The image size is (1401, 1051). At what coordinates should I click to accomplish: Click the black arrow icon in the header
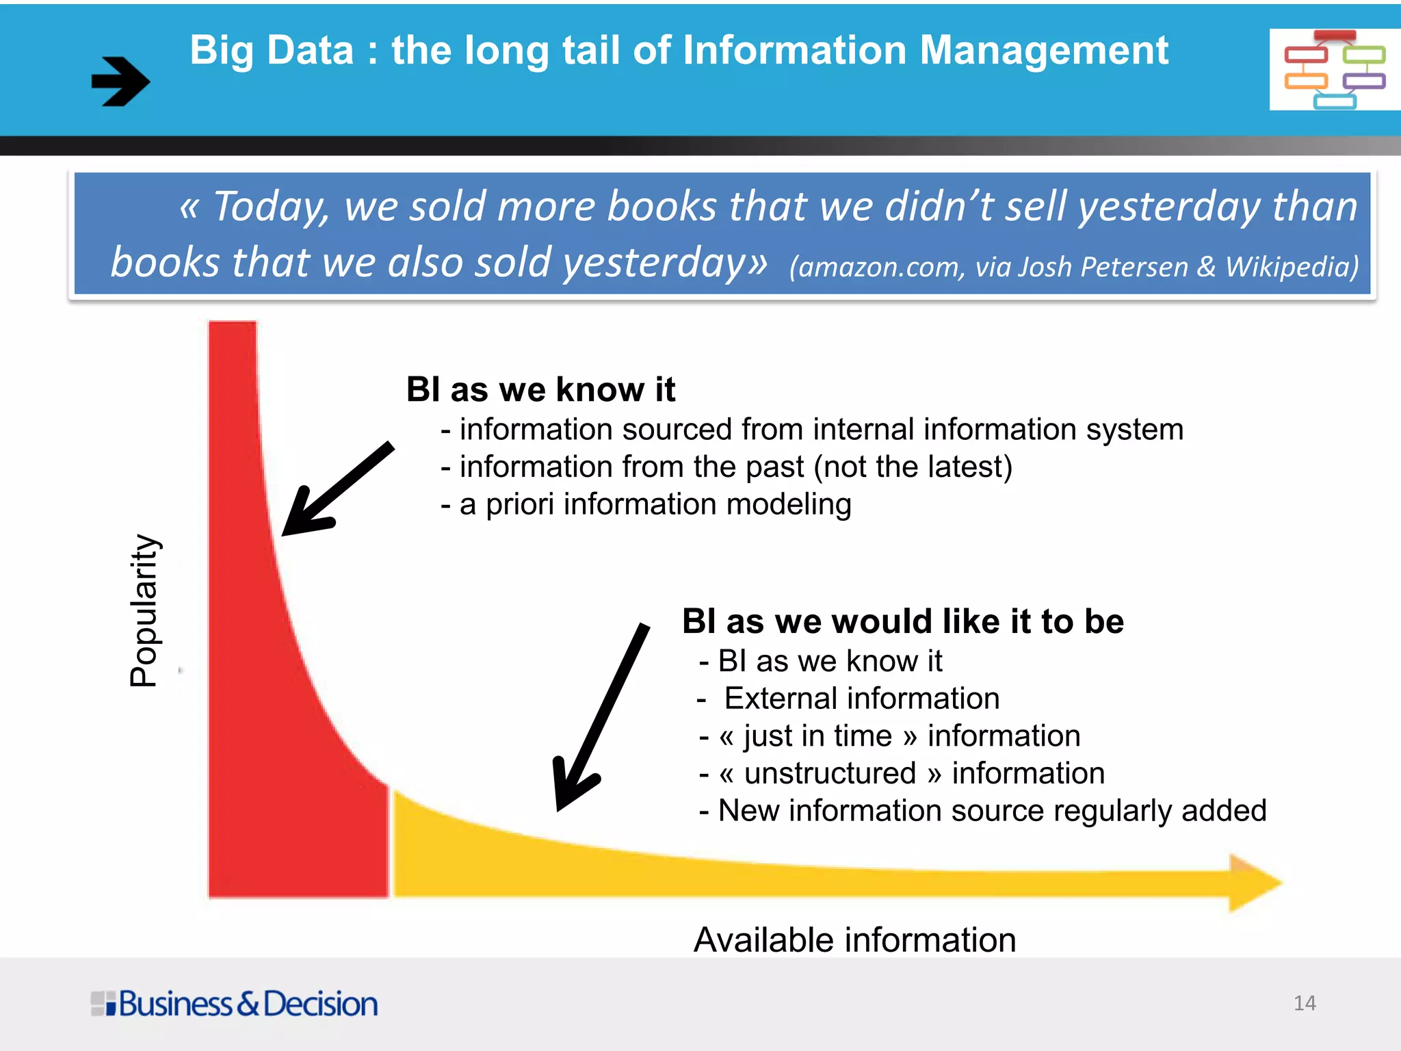pos(120,81)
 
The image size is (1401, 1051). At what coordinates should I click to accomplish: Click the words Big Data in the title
pos(272,51)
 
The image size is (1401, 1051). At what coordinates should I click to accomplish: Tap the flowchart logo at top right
pos(1334,69)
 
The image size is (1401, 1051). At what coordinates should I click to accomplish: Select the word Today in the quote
pos(270,207)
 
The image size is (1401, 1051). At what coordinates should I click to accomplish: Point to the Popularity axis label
pos(144,610)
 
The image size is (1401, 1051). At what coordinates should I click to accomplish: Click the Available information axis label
pos(854,939)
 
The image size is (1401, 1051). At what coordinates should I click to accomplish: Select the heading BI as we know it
pos(540,389)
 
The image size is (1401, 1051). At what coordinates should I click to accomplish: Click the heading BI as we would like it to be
pos(902,621)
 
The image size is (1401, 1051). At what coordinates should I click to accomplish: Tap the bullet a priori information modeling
pos(646,504)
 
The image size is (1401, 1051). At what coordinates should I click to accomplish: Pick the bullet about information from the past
pos(726,467)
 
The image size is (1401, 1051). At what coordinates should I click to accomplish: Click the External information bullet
pos(848,699)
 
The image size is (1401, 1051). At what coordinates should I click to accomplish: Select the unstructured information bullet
pos(902,773)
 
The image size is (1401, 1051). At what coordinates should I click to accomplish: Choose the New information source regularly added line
pos(982,811)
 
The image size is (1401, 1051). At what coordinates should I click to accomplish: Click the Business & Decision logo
pos(234,1004)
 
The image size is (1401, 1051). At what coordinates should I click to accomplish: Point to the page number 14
pos(1305,1003)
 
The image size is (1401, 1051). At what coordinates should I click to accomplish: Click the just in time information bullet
pos(889,736)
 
